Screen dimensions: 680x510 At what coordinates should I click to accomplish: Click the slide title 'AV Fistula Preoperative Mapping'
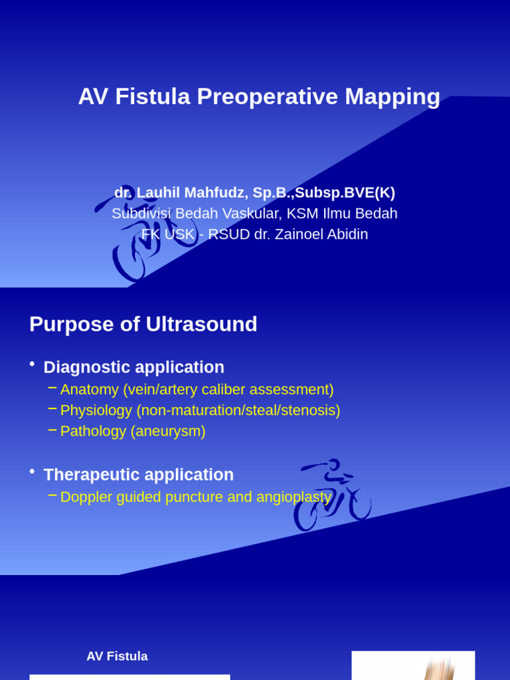pyautogui.click(x=259, y=96)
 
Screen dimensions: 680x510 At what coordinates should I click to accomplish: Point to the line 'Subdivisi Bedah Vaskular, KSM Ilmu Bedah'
pyautogui.click(x=254, y=213)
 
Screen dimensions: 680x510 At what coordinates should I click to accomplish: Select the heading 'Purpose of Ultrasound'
pyautogui.click(x=143, y=324)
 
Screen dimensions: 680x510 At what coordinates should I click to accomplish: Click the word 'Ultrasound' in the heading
pyautogui.click(x=201, y=324)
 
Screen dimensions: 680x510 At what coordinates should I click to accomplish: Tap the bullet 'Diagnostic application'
pyautogui.click(x=133, y=367)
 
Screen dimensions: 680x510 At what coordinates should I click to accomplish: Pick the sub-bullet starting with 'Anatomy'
pyautogui.click(x=197, y=390)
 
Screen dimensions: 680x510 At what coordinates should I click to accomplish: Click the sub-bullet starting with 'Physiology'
pyautogui.click(x=200, y=410)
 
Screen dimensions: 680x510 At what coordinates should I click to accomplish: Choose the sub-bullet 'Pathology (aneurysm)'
pyautogui.click(x=133, y=431)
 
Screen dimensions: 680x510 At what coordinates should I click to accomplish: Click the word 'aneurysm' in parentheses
pyautogui.click(x=168, y=431)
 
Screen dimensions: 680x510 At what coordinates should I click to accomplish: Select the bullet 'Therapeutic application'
pyautogui.click(x=138, y=475)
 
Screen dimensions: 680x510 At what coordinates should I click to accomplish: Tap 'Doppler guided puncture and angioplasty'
pyautogui.click(x=195, y=497)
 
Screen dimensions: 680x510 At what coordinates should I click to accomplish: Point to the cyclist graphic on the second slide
pyautogui.click(x=332, y=495)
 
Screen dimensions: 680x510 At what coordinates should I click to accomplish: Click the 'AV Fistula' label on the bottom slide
pyautogui.click(x=117, y=656)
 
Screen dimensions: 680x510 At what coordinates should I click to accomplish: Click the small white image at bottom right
pyautogui.click(x=413, y=665)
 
